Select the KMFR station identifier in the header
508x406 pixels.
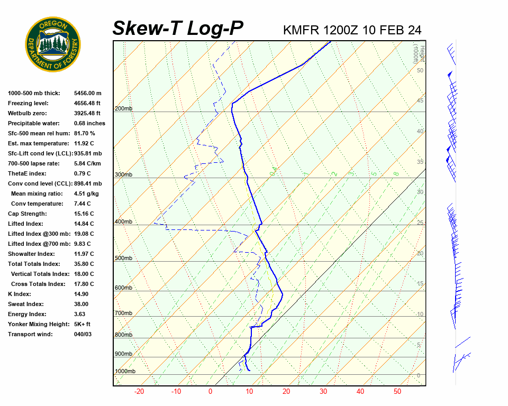301,30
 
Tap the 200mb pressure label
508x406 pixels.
123,109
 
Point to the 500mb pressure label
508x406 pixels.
123,258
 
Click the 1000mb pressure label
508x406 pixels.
125,372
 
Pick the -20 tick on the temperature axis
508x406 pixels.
139,392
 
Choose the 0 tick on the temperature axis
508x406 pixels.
210,392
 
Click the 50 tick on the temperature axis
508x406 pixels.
397,392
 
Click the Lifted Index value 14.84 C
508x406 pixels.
84,224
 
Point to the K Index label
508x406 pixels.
19,294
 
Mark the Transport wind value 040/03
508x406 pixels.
83,334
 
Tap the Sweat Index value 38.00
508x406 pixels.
81,304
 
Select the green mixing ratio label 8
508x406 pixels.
396,173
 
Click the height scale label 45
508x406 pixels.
420,101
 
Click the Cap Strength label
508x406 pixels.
27,214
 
